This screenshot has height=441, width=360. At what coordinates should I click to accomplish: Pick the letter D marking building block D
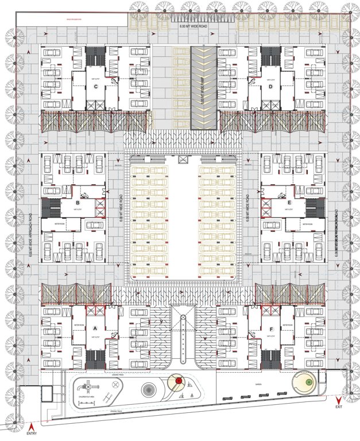click(x=270, y=87)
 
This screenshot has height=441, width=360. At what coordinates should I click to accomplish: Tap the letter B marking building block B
click(x=78, y=202)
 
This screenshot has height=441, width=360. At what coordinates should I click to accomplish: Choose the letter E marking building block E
click(x=289, y=203)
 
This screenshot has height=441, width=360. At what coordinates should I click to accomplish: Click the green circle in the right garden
click(x=308, y=382)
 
